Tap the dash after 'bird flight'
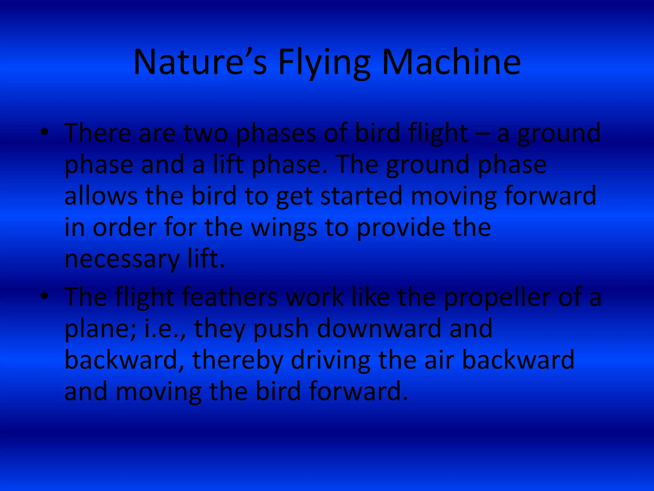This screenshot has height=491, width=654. click(482, 134)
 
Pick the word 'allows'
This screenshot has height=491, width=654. click(101, 196)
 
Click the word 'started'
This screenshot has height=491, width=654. click(361, 196)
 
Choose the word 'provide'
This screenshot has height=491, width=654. click(400, 228)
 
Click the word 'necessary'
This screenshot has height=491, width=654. click(122, 259)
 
